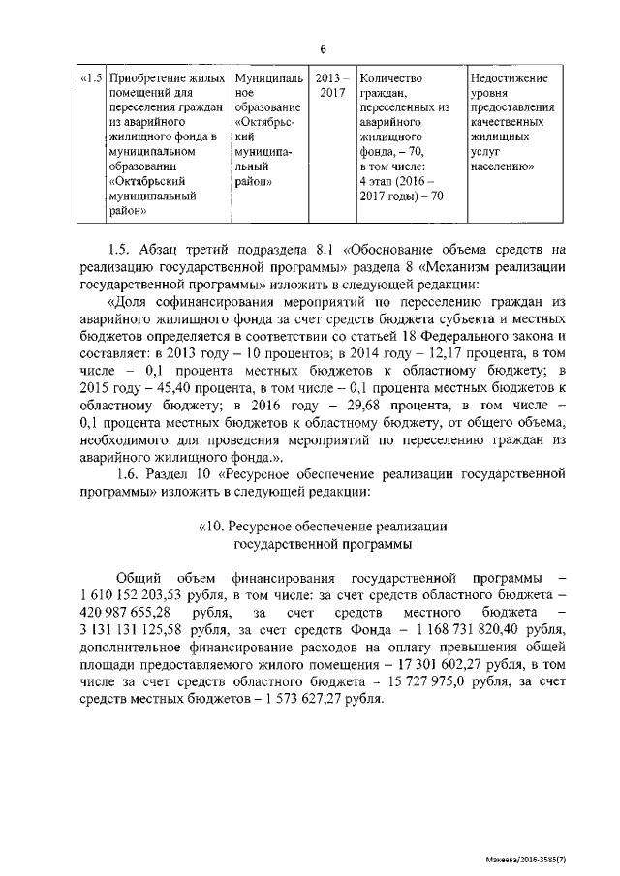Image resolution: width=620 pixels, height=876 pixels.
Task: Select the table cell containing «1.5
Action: point(91,77)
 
